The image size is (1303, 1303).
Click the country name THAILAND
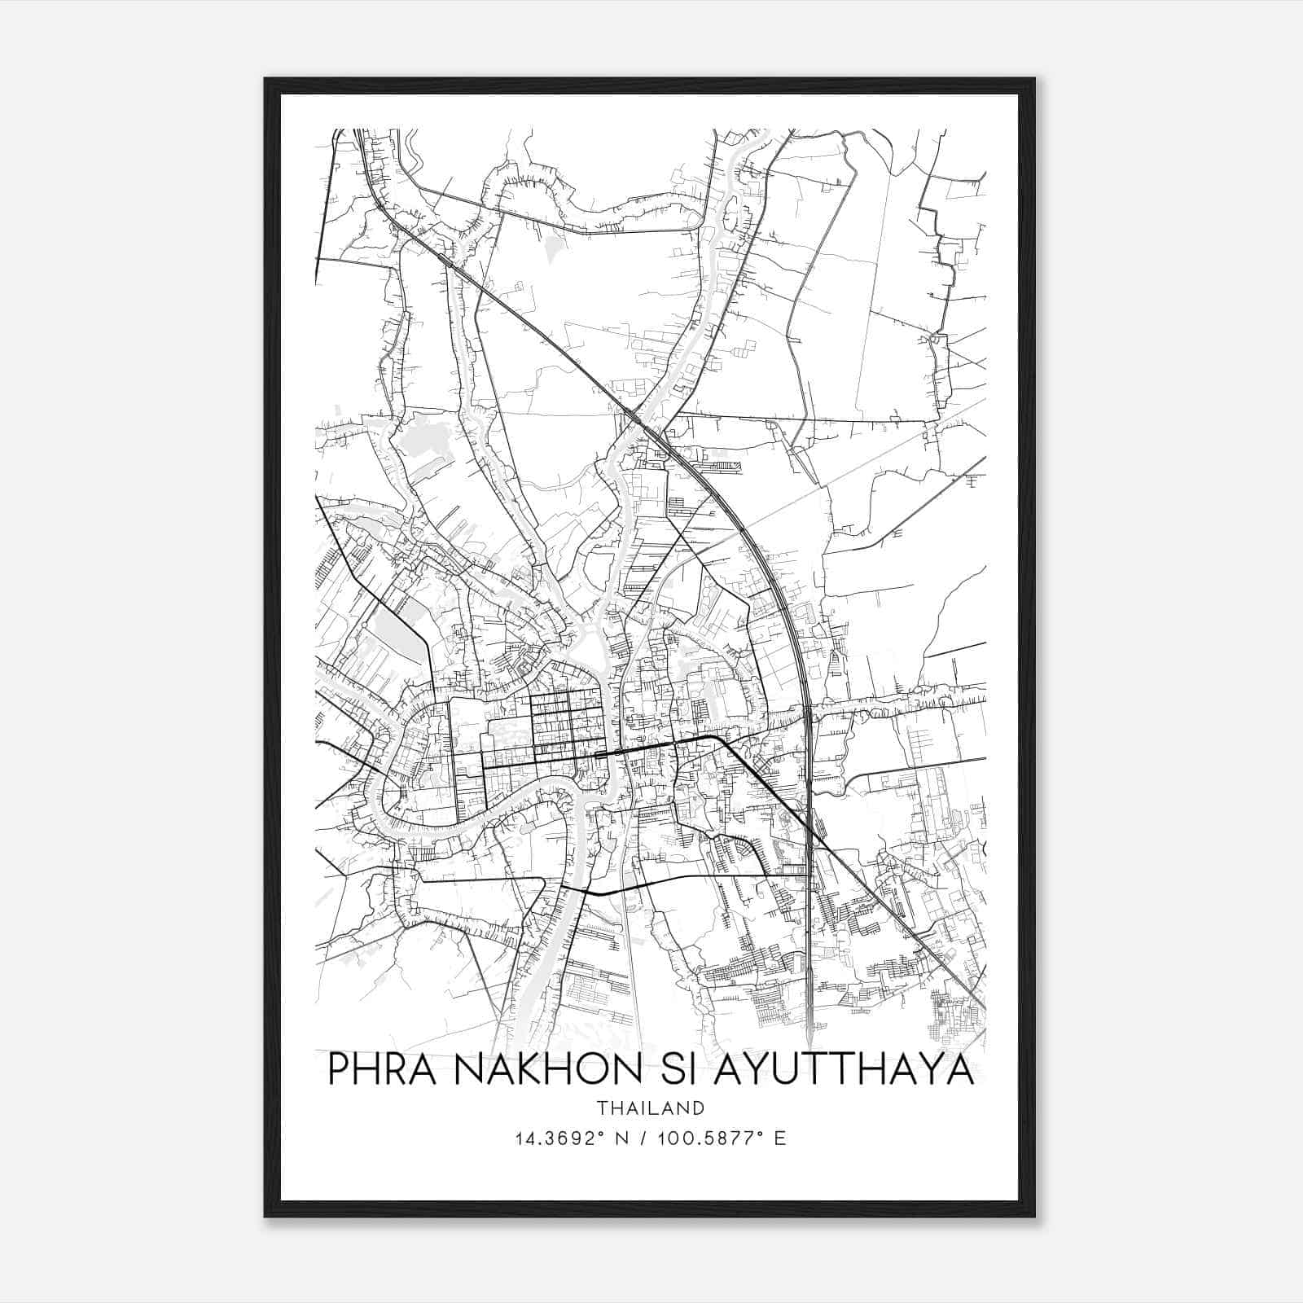click(650, 1108)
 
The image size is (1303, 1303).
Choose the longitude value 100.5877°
click(711, 1138)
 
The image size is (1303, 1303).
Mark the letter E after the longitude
click(781, 1138)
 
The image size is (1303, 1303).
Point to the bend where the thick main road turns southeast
click(717, 738)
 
